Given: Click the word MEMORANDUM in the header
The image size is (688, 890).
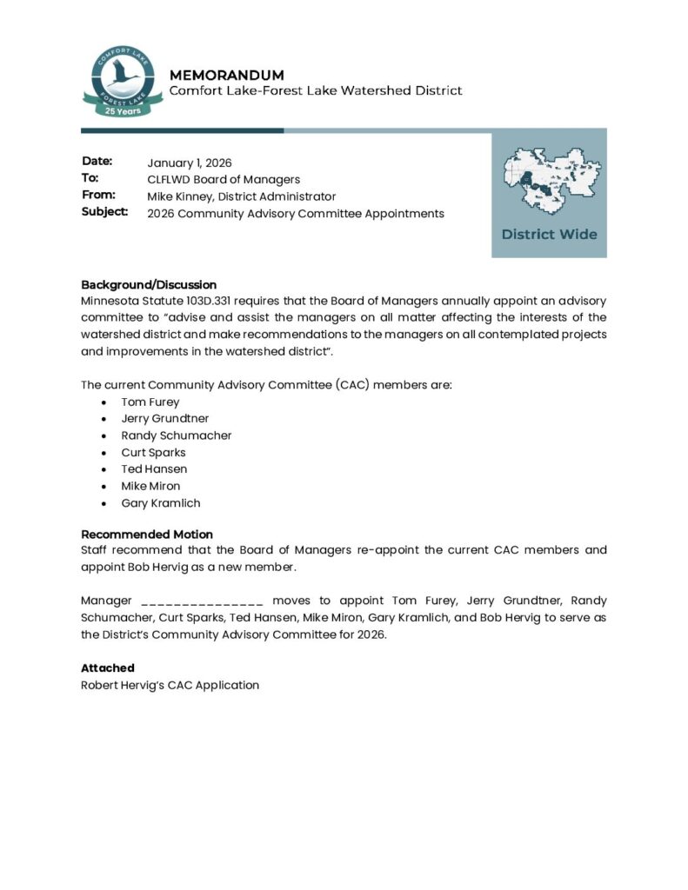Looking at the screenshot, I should (x=227, y=75).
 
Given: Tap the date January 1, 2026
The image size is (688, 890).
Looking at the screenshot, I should (x=190, y=163).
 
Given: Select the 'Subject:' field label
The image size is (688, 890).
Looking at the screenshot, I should (x=104, y=212).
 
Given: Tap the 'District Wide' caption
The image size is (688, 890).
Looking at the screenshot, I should (x=549, y=234).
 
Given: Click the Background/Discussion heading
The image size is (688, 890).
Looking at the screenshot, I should (x=149, y=284).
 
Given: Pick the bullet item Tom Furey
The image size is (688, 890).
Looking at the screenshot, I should (x=150, y=402).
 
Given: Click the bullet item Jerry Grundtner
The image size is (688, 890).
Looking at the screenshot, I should (x=164, y=419).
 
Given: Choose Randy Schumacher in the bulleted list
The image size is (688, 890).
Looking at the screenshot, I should (x=176, y=435).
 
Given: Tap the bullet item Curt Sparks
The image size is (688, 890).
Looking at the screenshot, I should (x=153, y=453).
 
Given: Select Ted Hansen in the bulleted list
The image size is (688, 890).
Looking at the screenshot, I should (x=154, y=469).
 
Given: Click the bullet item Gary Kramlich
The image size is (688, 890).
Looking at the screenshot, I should (x=161, y=503).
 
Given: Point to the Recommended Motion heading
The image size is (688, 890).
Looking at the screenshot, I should (x=147, y=535).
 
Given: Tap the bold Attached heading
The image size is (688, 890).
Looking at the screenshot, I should (x=108, y=668).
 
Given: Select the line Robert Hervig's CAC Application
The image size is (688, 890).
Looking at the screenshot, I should (x=170, y=685).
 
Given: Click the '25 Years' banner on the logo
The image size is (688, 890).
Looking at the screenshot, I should (x=122, y=111).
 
